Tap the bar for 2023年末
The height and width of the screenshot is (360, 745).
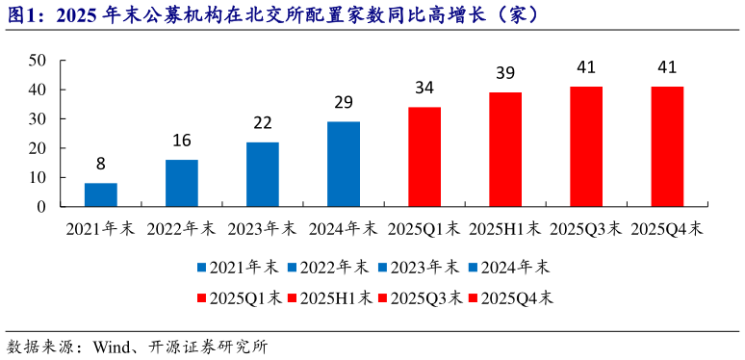point(263,174)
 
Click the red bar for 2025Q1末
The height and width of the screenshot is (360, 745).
point(424,157)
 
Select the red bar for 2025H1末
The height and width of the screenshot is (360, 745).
point(505,149)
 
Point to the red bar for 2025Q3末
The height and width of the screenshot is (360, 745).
point(586,146)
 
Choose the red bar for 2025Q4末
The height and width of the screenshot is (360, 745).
point(667,146)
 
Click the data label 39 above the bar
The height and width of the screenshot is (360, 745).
point(505,73)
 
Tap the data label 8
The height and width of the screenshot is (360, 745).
point(101,164)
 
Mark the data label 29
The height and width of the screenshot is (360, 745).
point(344,102)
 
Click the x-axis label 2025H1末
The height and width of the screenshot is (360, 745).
point(505,231)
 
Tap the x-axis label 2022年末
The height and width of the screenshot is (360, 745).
point(182,231)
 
